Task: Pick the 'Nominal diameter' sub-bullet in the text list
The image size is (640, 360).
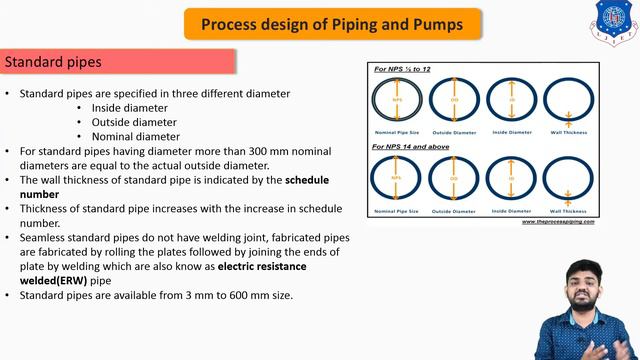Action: point(136,136)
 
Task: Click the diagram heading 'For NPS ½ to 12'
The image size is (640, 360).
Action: point(401,70)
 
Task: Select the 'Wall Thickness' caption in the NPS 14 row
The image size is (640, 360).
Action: point(569,211)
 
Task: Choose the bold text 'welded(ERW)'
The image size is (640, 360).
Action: point(59,282)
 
